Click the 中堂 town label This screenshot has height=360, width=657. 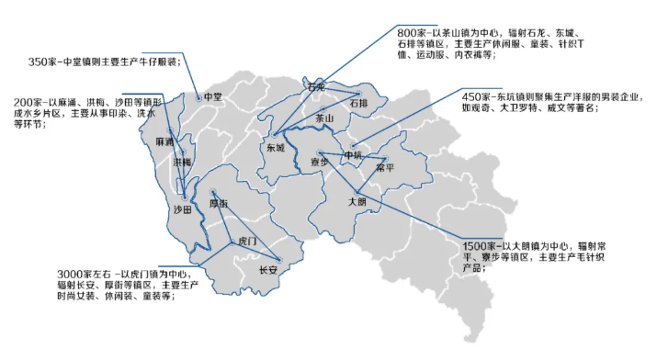pyautogui.click(x=212, y=96)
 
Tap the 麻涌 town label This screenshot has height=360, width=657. pyautogui.click(x=164, y=142)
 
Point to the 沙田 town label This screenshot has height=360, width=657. pyautogui.click(x=183, y=210)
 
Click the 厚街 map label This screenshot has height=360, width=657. pyautogui.click(x=219, y=203)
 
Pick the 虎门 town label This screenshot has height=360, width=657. pyautogui.click(x=246, y=241)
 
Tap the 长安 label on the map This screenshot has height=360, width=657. pyautogui.click(x=268, y=270)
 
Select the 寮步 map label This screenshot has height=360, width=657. pyautogui.click(x=318, y=162)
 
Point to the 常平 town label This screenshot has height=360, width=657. pyautogui.click(x=384, y=168)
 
